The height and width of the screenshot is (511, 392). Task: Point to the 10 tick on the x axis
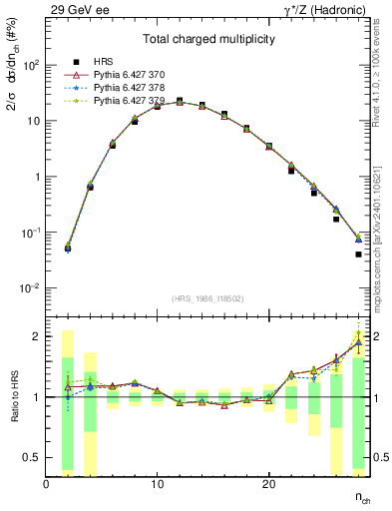click(158, 484)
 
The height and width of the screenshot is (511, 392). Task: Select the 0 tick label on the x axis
click(47, 484)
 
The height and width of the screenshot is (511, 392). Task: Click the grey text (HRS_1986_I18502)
click(207, 296)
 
